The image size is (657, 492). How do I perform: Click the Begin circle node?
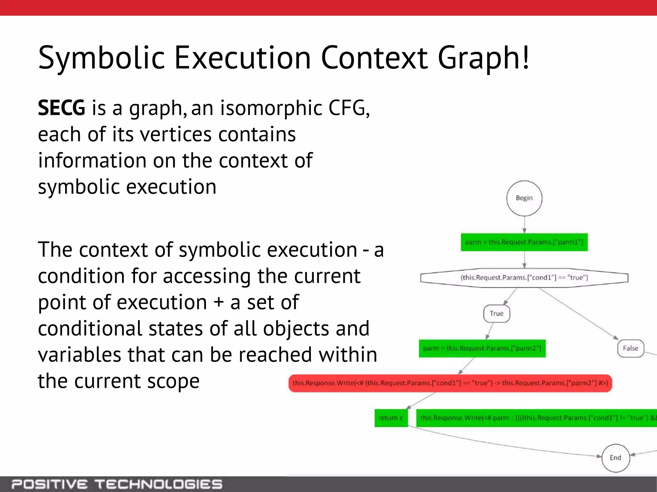(524, 198)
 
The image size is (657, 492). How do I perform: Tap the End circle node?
(615, 458)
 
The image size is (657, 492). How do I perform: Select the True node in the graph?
(496, 314)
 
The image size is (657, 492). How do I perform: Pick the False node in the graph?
(630, 348)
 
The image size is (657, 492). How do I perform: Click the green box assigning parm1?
(524, 242)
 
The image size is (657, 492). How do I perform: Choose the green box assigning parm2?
(482, 348)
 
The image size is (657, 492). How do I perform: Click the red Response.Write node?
(450, 383)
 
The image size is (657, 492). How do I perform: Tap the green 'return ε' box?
(391, 418)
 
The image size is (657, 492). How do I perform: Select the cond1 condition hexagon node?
(524, 277)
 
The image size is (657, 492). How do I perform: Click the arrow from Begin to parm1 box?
(524, 225)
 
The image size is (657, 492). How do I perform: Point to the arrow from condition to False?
(577, 313)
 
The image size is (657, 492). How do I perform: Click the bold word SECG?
(61, 108)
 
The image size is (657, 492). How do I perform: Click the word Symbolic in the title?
(101, 58)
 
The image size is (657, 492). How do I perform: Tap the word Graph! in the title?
(483, 58)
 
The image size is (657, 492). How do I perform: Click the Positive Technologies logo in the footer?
(117, 484)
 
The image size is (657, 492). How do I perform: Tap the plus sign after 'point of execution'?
(219, 302)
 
